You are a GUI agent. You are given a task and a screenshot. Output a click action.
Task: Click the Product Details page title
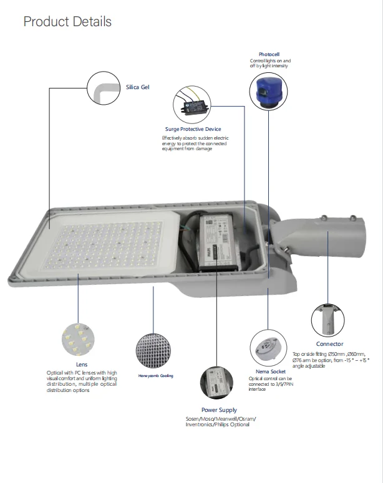pyautogui.click(x=67, y=22)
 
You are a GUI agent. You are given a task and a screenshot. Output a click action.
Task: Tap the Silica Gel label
pyautogui.click(x=138, y=88)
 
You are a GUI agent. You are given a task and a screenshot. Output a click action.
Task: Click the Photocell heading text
pyautogui.click(x=269, y=55)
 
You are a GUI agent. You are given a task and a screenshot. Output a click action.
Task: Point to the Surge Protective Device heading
pyautogui.click(x=193, y=129)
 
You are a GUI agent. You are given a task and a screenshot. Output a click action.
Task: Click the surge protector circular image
pyautogui.click(x=193, y=103)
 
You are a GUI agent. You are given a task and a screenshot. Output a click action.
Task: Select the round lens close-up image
pyautogui.click(x=78, y=340)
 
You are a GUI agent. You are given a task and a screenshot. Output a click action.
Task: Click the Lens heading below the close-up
pyautogui.click(x=82, y=365)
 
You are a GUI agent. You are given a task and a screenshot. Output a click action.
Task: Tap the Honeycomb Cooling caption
pyautogui.click(x=156, y=376)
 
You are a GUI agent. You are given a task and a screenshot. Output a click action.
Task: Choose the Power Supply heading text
pyautogui.click(x=219, y=409)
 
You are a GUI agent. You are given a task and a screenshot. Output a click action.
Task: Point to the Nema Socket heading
pyautogui.click(x=271, y=371)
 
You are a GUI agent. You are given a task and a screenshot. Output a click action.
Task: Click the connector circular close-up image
pyautogui.click(x=327, y=319)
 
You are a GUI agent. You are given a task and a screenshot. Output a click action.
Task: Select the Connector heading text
pyautogui.click(x=329, y=344)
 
